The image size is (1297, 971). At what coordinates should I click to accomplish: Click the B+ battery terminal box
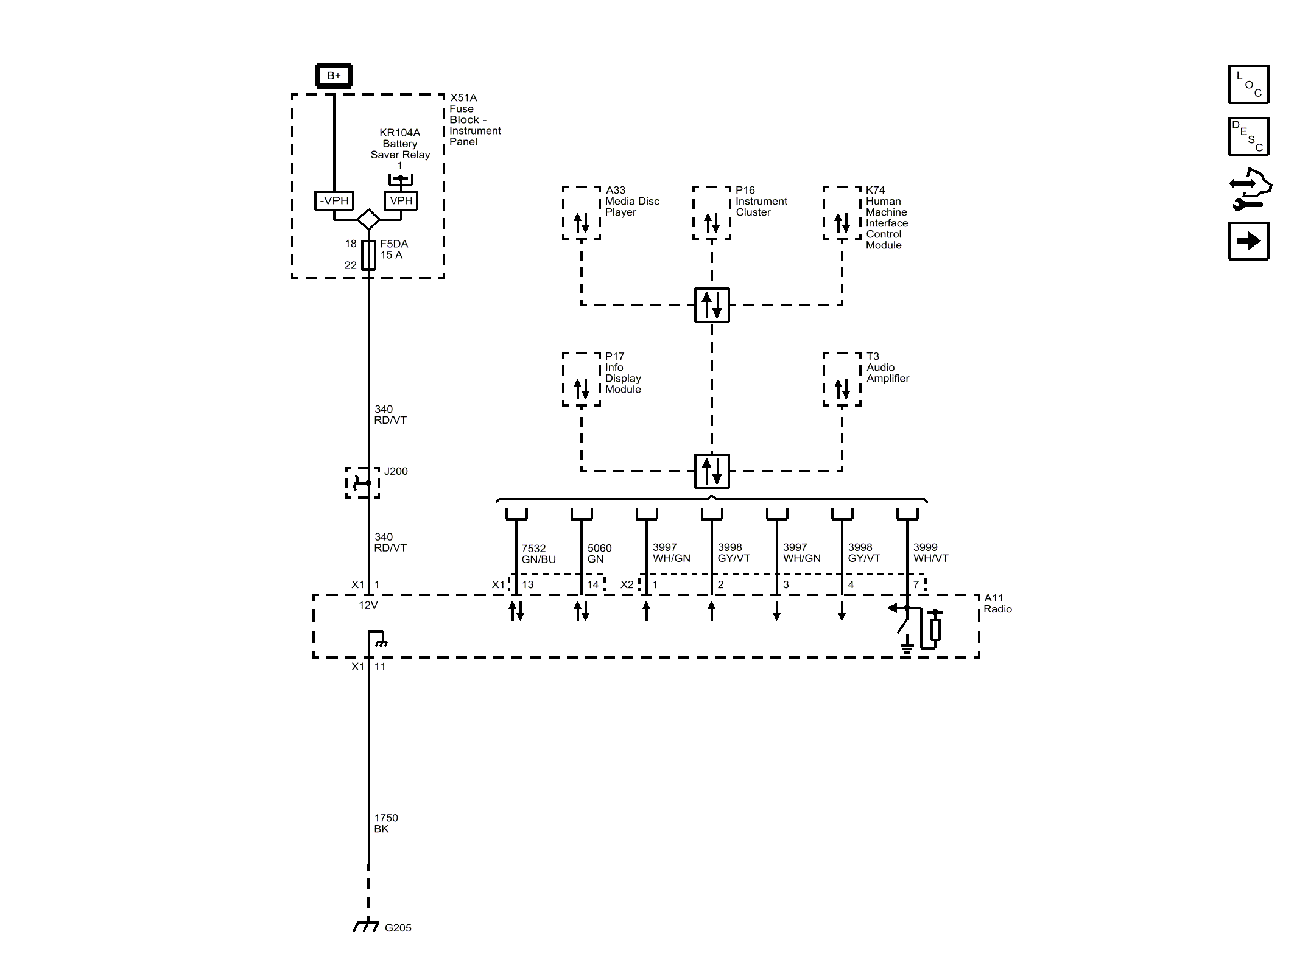click(334, 76)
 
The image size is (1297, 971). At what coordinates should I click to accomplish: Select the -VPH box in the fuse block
click(334, 200)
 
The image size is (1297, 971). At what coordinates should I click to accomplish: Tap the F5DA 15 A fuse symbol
click(368, 255)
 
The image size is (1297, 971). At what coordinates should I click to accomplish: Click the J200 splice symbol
click(363, 483)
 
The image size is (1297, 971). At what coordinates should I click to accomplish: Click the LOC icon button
click(1248, 85)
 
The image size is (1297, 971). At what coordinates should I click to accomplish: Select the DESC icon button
click(1248, 137)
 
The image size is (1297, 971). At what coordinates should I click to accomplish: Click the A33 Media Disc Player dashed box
click(582, 213)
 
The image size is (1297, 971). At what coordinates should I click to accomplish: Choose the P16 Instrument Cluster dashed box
click(711, 213)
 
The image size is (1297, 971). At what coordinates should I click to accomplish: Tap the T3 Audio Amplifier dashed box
click(842, 379)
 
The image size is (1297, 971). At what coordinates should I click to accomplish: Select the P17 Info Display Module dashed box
click(582, 379)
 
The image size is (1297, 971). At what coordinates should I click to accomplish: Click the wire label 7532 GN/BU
click(538, 554)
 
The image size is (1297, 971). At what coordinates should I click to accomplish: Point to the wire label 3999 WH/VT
click(930, 553)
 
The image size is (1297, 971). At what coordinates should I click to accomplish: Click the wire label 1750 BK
click(385, 823)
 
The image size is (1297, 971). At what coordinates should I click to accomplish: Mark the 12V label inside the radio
click(368, 605)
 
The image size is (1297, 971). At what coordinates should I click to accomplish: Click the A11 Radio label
click(997, 603)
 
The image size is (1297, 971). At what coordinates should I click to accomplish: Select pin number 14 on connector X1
click(592, 584)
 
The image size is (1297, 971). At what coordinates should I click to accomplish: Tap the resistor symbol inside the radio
click(935, 629)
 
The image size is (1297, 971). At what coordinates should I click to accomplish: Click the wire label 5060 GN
click(599, 553)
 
